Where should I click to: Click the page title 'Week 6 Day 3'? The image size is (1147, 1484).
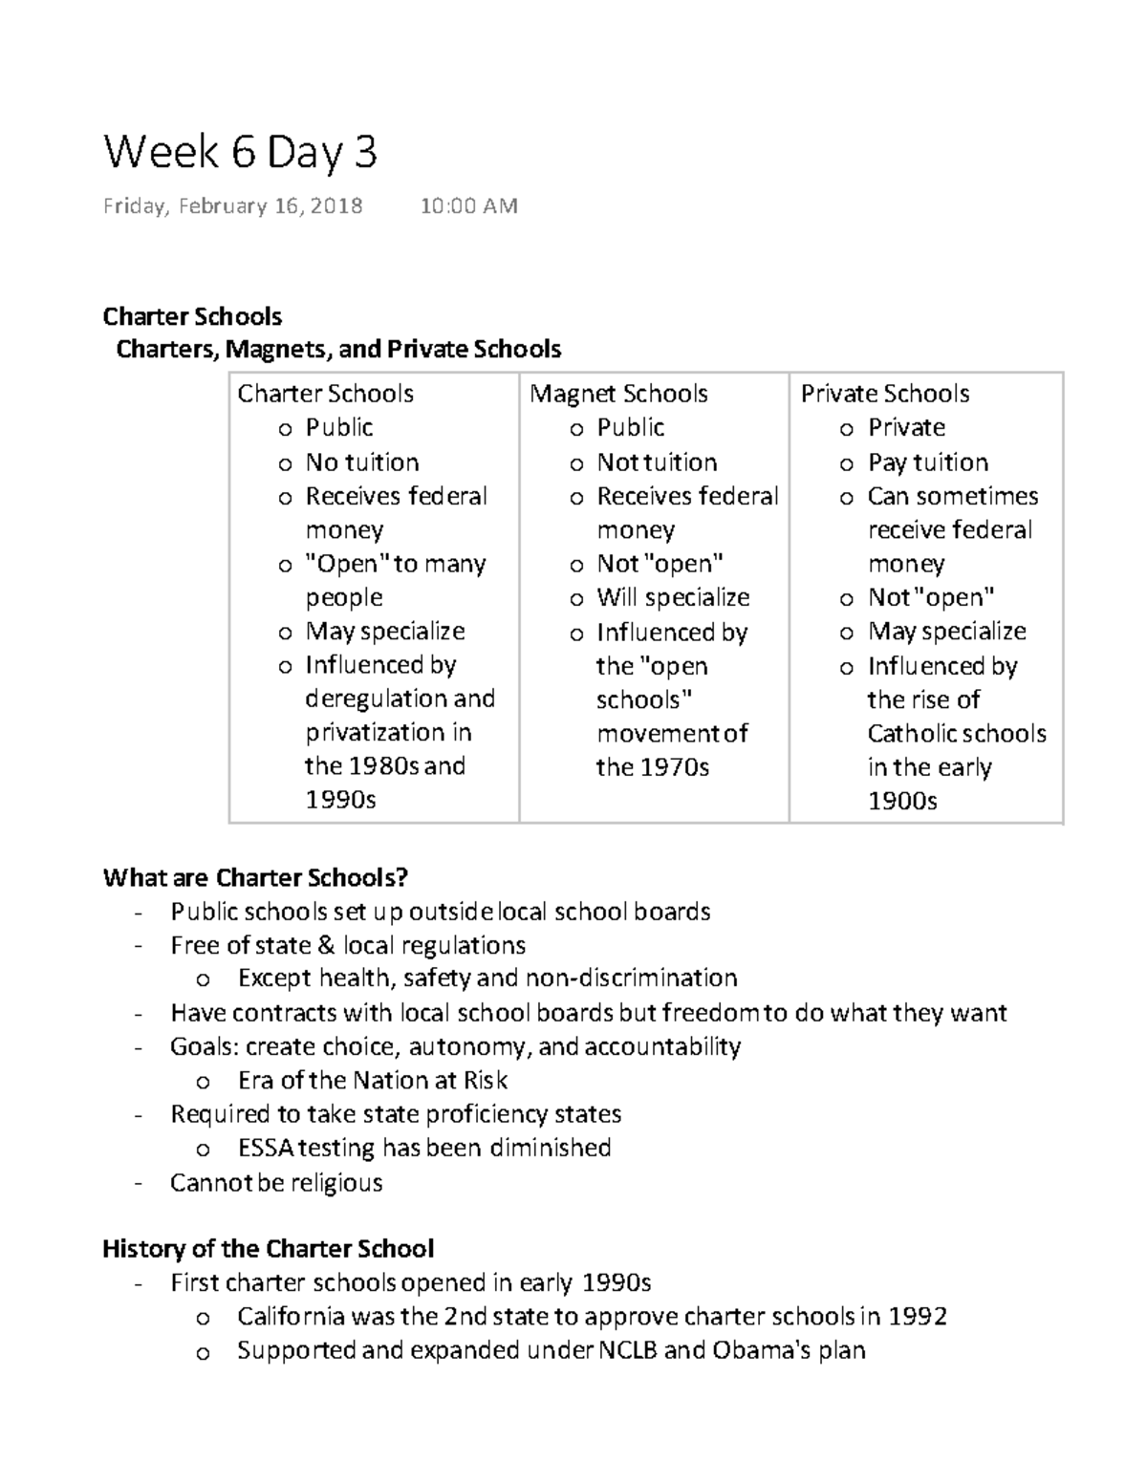coord(240,153)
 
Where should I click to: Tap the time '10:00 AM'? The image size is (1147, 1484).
coord(468,206)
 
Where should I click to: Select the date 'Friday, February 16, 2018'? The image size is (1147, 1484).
coord(232,206)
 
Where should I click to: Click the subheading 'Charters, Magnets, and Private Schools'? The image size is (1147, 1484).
coord(338,350)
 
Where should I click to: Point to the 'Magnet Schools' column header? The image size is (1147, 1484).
coord(618,394)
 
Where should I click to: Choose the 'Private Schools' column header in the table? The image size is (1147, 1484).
coord(884,394)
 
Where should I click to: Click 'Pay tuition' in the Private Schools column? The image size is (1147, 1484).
coord(927,462)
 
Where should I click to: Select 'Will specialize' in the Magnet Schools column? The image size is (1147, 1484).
coord(673,598)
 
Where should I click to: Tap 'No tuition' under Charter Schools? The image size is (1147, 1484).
coord(361,462)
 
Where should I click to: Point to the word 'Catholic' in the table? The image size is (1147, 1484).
coord(912,734)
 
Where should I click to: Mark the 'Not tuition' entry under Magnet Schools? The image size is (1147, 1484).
coord(657,462)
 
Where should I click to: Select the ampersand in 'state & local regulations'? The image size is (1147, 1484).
coord(326,946)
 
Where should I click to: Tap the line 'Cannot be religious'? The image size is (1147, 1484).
coord(276,1183)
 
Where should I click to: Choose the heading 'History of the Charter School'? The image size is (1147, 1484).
coord(268,1249)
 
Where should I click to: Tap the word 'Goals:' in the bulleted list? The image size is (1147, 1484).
coord(202,1047)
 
